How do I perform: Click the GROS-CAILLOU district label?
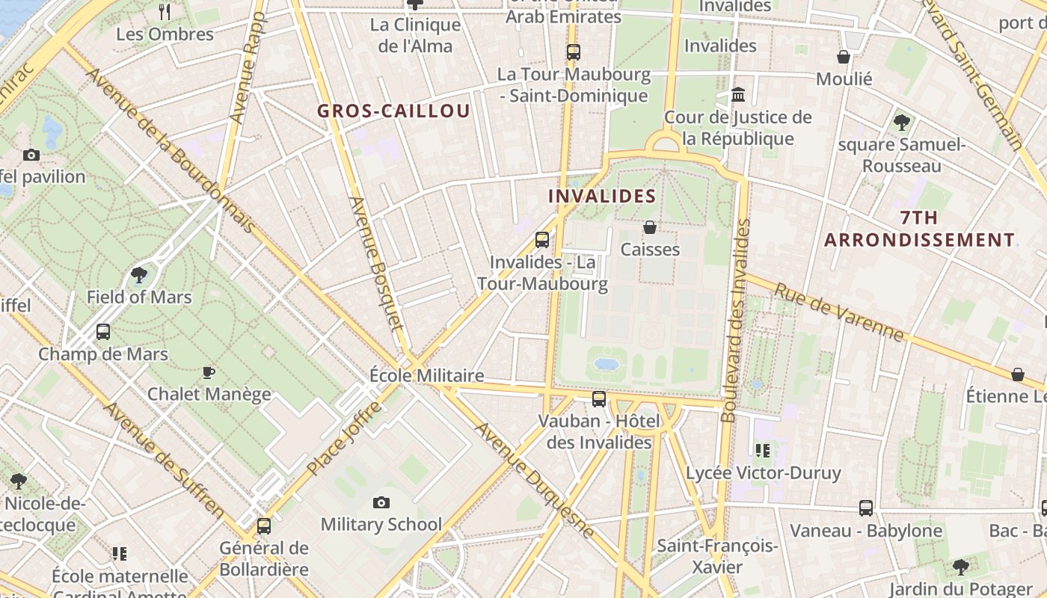[x=393, y=111]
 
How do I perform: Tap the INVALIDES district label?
[x=602, y=197]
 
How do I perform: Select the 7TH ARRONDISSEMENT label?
[x=919, y=229]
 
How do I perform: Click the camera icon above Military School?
[x=381, y=502]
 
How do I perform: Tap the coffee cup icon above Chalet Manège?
[x=209, y=372]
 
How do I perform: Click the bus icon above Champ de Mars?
[x=103, y=331]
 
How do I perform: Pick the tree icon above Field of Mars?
[x=139, y=275]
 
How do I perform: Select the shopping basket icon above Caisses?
[x=650, y=226]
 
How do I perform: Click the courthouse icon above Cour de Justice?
[x=738, y=95]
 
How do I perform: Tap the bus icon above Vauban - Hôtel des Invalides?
[x=599, y=398]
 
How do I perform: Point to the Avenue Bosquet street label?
[x=375, y=263]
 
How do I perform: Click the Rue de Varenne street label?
[x=838, y=312]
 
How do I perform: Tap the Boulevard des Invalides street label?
[x=735, y=321]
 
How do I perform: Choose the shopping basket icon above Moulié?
[x=844, y=57]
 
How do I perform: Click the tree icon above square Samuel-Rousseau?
[x=901, y=121]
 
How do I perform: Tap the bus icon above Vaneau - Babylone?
[x=866, y=508]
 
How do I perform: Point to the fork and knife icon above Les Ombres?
[x=165, y=11]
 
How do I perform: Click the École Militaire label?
[x=427, y=375]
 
